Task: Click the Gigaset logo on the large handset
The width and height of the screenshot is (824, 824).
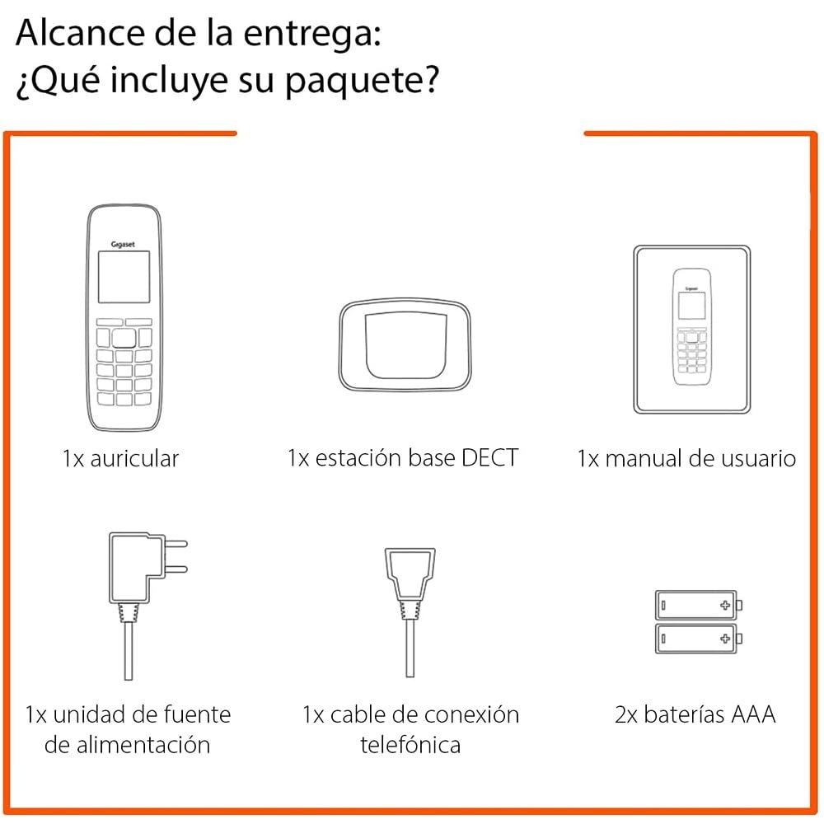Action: tap(123, 245)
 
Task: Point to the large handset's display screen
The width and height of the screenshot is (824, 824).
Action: tap(124, 277)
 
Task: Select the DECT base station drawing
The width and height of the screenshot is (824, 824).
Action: tap(405, 345)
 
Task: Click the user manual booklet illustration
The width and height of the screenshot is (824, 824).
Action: tap(691, 330)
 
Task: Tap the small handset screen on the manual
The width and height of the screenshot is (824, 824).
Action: tap(691, 306)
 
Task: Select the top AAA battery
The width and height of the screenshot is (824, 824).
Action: tap(699, 605)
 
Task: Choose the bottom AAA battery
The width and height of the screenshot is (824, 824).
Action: tap(699, 639)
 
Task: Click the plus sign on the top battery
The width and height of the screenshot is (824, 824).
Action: tap(725, 605)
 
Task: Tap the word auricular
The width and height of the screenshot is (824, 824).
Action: tap(134, 459)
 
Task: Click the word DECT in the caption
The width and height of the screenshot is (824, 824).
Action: tap(489, 457)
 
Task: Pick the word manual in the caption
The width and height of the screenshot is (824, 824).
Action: tap(644, 458)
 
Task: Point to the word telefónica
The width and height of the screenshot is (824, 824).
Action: tap(410, 745)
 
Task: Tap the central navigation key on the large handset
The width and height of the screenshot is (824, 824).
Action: tap(124, 339)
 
